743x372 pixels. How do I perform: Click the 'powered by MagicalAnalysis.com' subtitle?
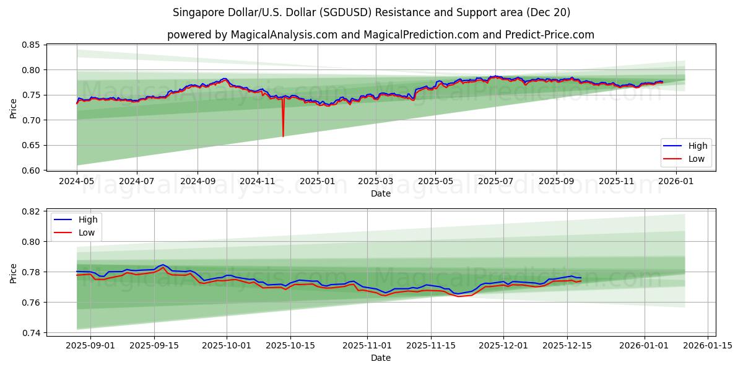click(380, 35)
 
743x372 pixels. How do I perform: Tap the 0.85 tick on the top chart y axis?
click(31, 45)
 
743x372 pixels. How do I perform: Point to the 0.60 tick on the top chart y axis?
click(31, 170)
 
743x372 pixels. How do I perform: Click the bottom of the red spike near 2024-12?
click(283, 136)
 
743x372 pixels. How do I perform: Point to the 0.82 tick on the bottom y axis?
click(31, 211)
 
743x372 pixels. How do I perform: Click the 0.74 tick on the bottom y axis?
click(31, 333)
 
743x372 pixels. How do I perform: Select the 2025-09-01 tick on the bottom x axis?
click(90, 345)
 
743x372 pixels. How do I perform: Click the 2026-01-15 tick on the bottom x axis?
click(708, 345)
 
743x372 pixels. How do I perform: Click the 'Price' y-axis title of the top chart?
click(14, 108)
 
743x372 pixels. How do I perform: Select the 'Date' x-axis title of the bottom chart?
click(380, 358)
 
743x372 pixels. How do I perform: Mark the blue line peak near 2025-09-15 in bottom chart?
click(162, 265)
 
